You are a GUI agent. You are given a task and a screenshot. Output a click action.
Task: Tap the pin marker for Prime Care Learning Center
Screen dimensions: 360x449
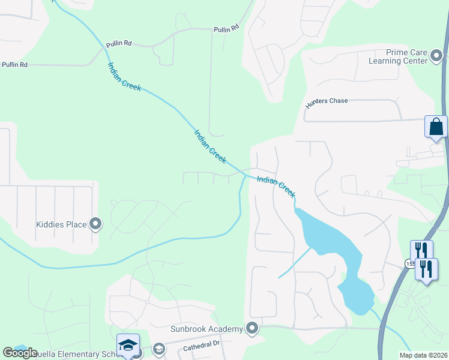pyautogui.click(x=437, y=57)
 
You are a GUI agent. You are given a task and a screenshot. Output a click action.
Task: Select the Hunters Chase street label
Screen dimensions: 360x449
pyautogui.click(x=327, y=101)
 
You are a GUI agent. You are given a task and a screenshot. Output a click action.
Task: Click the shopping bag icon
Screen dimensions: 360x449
pyautogui.click(x=436, y=127)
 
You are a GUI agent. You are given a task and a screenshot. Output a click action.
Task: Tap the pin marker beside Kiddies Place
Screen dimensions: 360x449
pyautogui.click(x=95, y=225)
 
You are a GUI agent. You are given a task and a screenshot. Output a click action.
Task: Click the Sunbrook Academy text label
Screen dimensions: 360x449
pyautogui.click(x=213, y=328)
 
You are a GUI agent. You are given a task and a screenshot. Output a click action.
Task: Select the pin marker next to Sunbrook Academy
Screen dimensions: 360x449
pyautogui.click(x=252, y=328)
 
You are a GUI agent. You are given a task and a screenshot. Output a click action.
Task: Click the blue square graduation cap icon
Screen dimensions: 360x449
pyautogui.click(x=128, y=344)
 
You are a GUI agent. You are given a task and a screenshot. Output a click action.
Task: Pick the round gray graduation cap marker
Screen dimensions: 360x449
pyautogui.click(x=159, y=349)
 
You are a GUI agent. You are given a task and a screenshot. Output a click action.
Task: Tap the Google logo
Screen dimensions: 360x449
pyautogui.click(x=20, y=353)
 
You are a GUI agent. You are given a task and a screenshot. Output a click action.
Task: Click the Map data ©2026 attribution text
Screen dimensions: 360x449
pyautogui.click(x=423, y=355)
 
